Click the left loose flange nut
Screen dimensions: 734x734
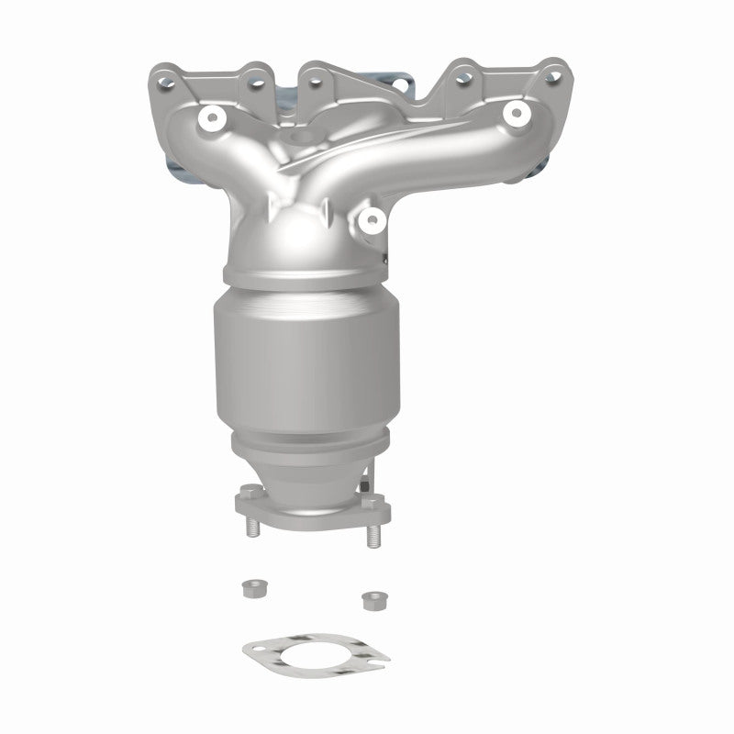click(250, 589)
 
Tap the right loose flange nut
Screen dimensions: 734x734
click(372, 601)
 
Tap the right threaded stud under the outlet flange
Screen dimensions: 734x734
click(373, 535)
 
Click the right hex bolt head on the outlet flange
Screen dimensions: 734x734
click(367, 504)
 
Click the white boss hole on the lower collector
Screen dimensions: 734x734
click(372, 218)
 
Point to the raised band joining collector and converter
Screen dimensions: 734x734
click(303, 278)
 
